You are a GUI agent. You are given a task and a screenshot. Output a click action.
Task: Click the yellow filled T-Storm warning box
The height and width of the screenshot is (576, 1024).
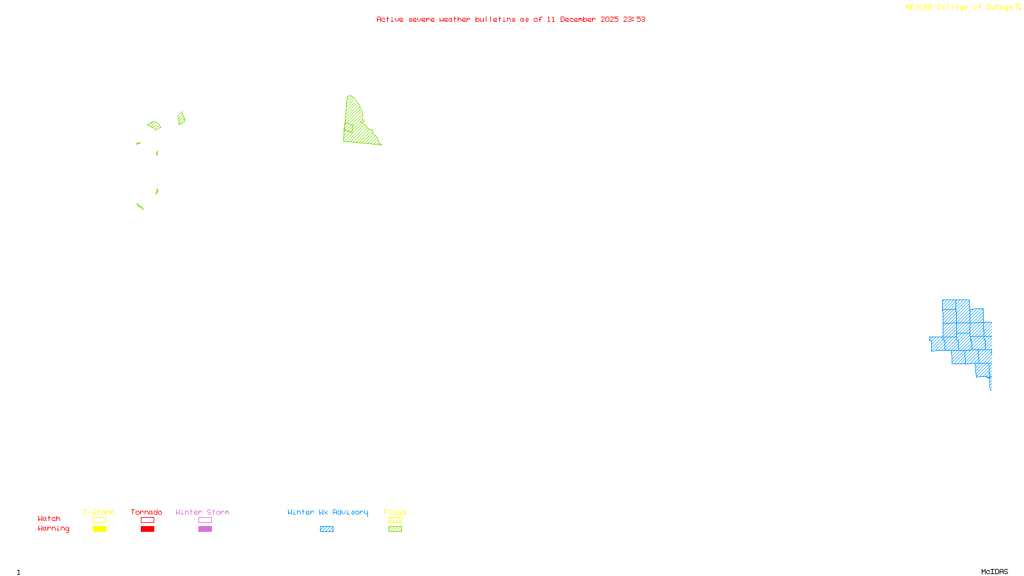click(x=99, y=529)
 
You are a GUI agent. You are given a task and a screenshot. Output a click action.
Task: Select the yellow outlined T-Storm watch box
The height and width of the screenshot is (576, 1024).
click(x=99, y=520)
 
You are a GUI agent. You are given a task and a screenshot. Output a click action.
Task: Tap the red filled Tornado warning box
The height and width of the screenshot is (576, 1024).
click(x=147, y=529)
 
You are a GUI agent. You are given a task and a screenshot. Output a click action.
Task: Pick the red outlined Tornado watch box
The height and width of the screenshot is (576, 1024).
click(x=147, y=520)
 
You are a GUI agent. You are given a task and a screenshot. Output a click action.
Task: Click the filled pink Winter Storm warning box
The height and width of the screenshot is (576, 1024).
click(x=205, y=529)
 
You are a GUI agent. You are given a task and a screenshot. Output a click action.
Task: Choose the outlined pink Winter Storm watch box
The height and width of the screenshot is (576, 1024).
click(x=205, y=520)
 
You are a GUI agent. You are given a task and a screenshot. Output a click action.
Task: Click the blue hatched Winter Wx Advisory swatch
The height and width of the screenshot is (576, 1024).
click(x=326, y=529)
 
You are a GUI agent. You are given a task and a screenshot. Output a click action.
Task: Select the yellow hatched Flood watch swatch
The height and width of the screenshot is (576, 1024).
click(x=395, y=520)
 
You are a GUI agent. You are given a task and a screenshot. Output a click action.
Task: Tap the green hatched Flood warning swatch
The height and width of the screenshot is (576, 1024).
click(x=395, y=529)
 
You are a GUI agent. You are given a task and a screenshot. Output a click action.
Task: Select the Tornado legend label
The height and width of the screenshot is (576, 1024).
click(x=147, y=512)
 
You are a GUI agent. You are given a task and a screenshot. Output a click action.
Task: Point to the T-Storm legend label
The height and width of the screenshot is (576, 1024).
click(x=99, y=512)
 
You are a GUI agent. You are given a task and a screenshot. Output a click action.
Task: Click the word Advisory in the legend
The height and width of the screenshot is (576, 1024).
click(x=350, y=512)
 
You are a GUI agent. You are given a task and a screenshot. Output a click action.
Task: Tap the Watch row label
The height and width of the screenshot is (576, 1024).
click(x=49, y=518)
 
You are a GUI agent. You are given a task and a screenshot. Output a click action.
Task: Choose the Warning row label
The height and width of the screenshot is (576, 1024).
click(x=53, y=529)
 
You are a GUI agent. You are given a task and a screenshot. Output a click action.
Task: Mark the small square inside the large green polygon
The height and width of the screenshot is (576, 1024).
click(x=348, y=127)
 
